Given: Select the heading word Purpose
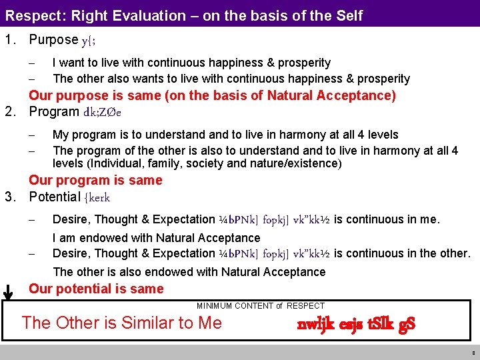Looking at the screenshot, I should (53, 40).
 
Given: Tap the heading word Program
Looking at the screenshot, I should (54, 111).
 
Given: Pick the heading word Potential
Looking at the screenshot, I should (55, 197).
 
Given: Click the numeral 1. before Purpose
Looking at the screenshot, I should (10, 40).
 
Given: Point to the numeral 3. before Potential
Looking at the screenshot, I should (10, 197).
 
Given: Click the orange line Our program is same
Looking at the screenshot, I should (95, 180).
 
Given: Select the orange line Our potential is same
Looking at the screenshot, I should (96, 289).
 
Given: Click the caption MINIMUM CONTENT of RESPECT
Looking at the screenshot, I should (260, 306).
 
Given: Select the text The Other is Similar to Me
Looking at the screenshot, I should (121, 323).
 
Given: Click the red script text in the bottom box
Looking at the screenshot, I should (356, 325).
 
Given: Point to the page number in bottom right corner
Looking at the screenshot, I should (473, 353).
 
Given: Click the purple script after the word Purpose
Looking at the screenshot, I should (89, 41).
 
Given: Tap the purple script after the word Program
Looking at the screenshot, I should (102, 112).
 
